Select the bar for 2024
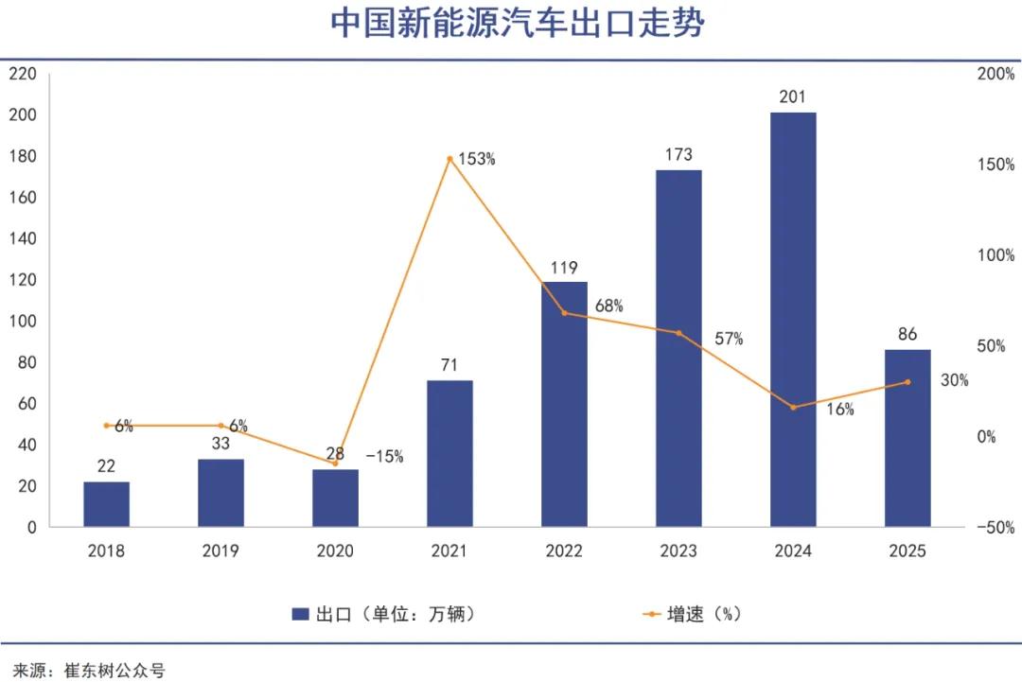[x=793, y=320]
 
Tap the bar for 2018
[x=106, y=504]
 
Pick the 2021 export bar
[x=449, y=454]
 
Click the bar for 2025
[x=907, y=438]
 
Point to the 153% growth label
[x=477, y=159]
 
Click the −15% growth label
[x=384, y=457]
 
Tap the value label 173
[x=678, y=154]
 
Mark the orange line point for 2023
[x=678, y=333]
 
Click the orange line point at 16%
[x=793, y=407]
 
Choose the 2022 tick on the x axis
[x=564, y=551]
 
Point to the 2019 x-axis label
[x=220, y=551]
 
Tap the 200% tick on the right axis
[x=996, y=74]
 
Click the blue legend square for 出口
[x=301, y=614]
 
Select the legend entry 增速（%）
[x=704, y=614]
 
